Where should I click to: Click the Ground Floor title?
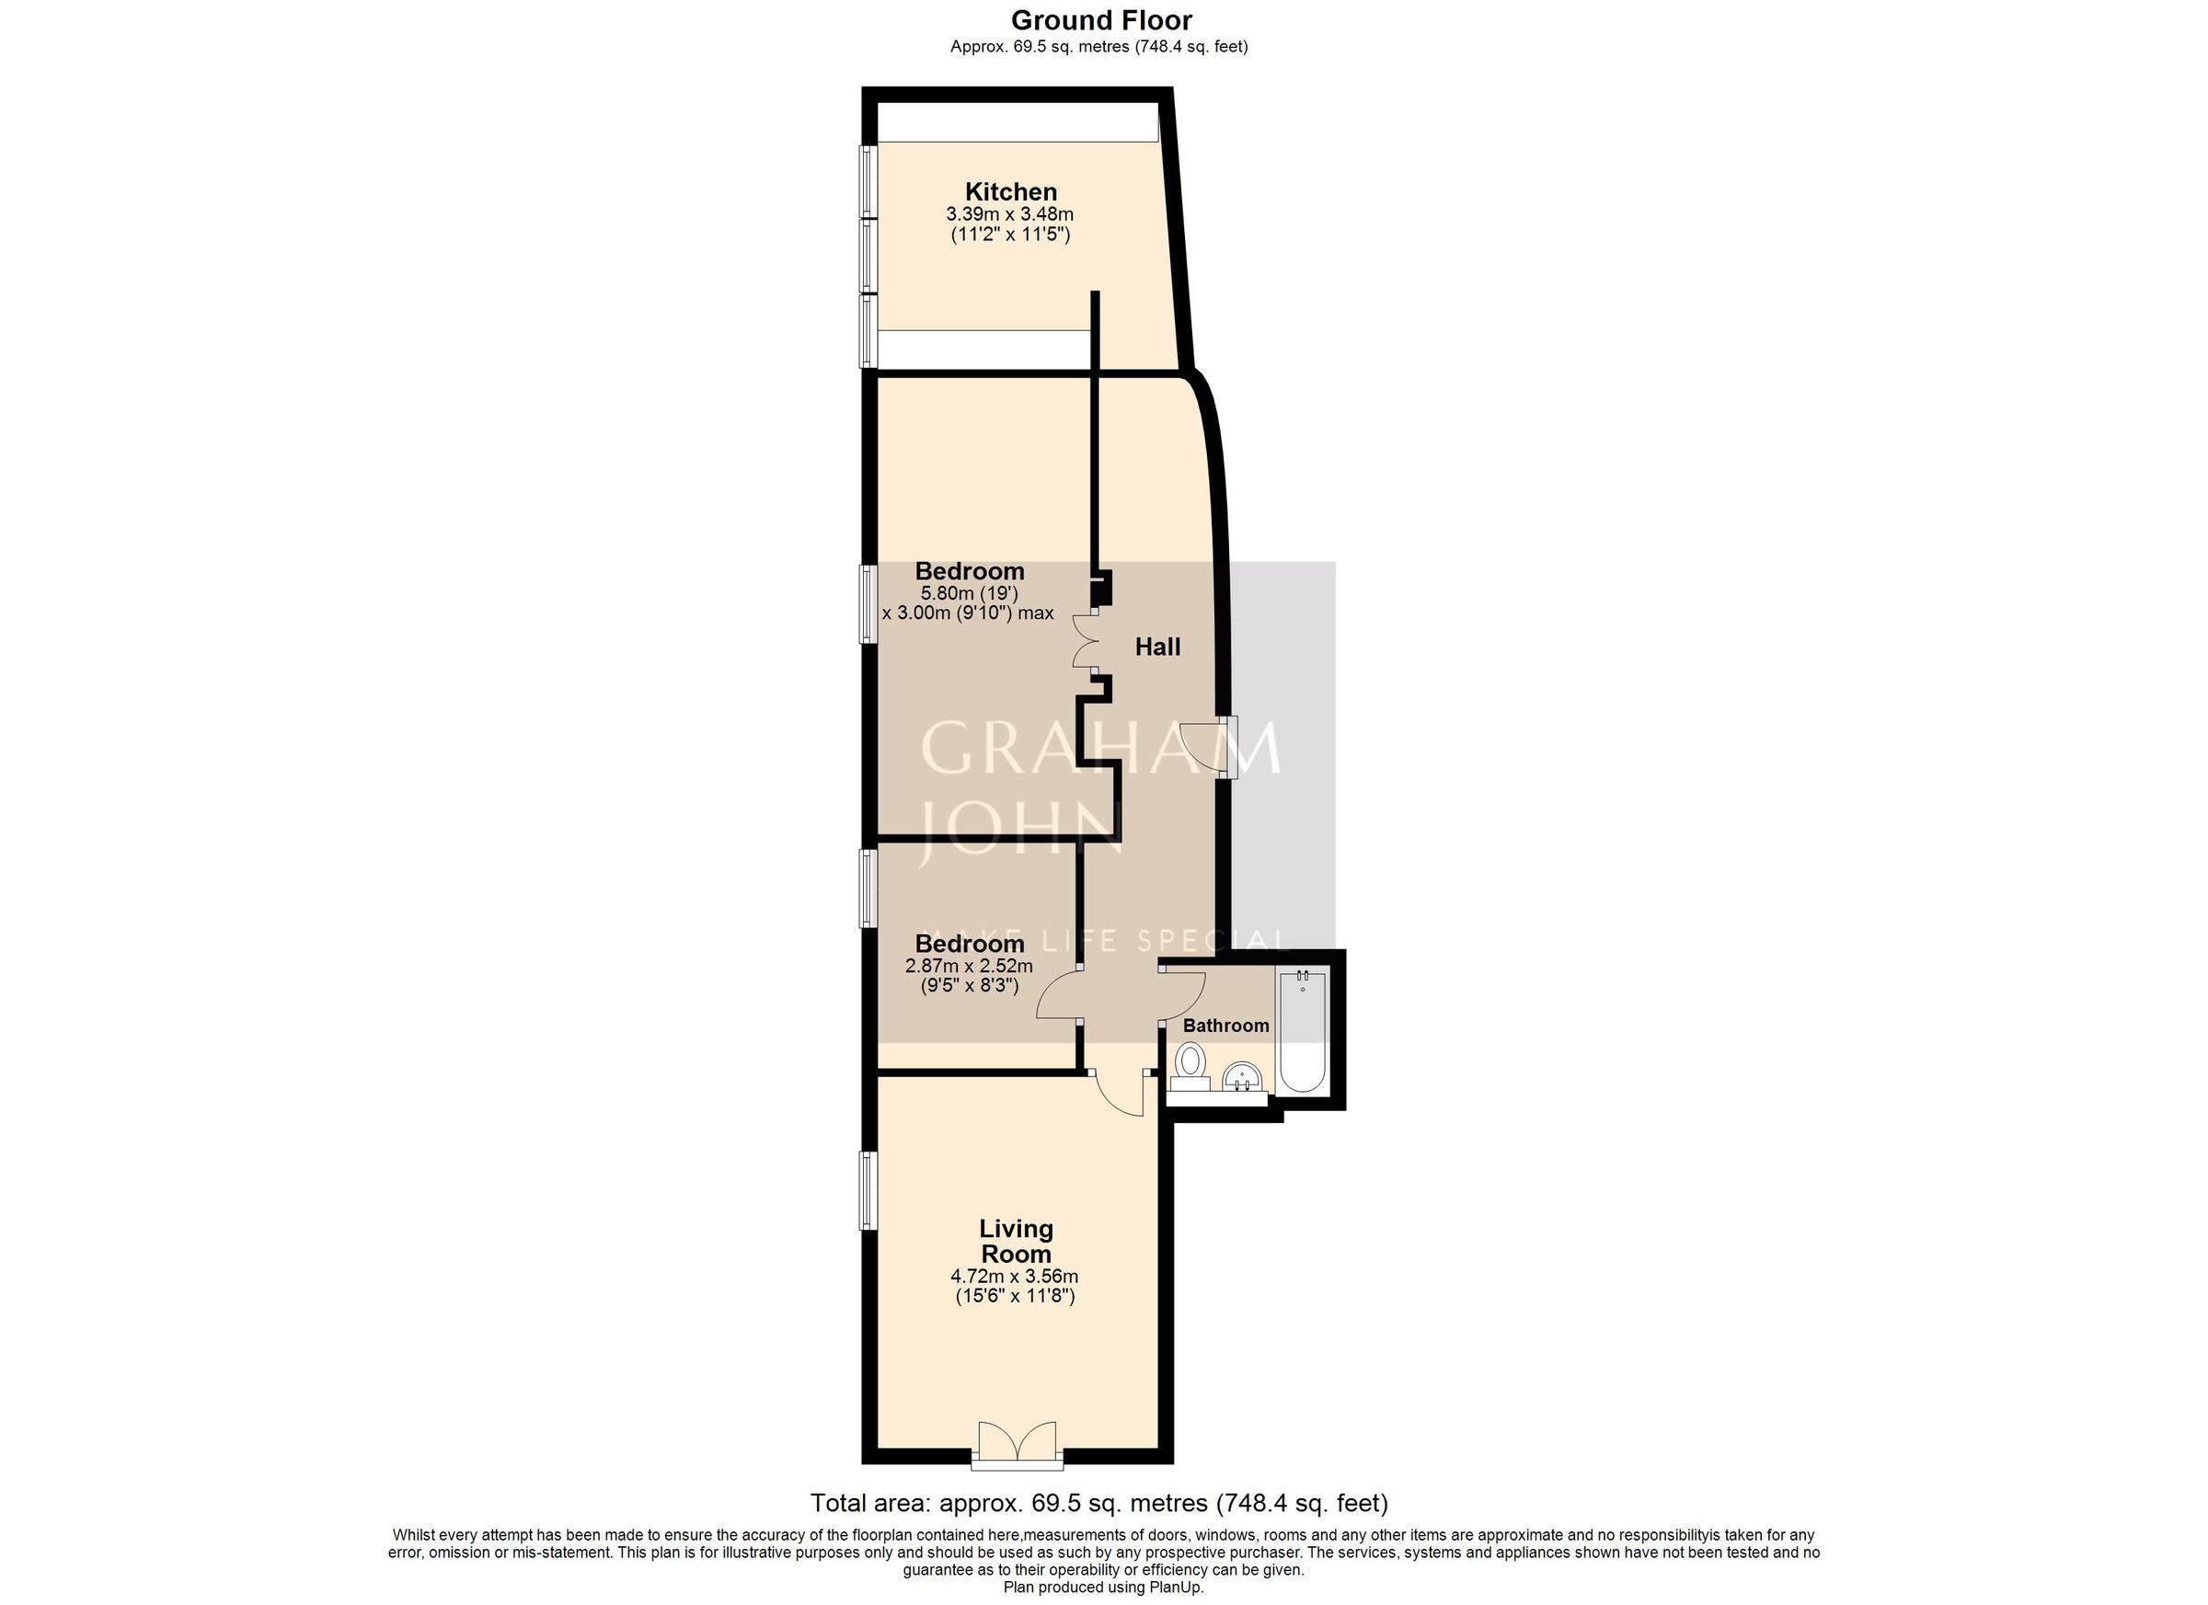coord(1101,20)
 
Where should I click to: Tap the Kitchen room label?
coord(1010,191)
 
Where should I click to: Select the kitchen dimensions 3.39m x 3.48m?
coord(1009,214)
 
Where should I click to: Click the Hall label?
coord(1157,648)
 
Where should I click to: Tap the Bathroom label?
coord(1225,1026)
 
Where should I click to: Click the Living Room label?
coord(1016,1241)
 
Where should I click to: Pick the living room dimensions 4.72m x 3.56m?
coord(1015,1276)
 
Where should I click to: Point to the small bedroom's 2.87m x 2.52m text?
coord(969,967)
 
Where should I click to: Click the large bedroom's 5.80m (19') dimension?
coord(969,592)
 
